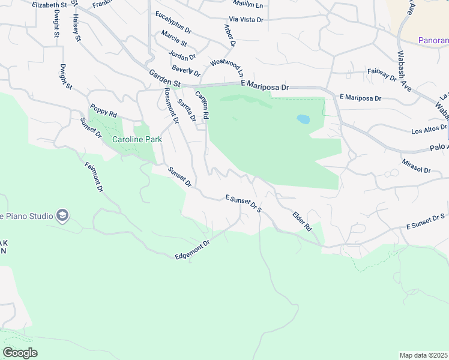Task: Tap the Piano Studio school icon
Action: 62,215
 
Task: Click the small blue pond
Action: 303,119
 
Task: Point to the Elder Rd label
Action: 302,221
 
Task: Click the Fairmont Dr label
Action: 94,177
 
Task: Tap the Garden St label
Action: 164,80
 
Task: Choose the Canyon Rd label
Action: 202,104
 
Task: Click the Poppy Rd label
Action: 103,110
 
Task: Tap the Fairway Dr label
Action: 382,74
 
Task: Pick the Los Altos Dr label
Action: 429,129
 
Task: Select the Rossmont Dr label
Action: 172,106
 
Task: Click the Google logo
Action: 20,353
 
